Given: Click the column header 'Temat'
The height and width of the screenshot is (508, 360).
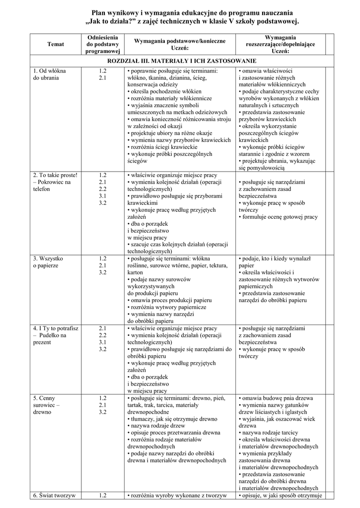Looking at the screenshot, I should coord(56,45).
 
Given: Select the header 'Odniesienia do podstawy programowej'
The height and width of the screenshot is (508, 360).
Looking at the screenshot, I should coord(102,44).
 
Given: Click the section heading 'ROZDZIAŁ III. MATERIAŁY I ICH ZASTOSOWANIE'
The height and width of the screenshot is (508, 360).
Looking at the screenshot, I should coord(177,61).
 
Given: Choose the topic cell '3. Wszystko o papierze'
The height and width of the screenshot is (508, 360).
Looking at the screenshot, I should coord(48,262).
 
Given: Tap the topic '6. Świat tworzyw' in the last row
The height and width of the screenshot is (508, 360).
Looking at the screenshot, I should coord(54,495).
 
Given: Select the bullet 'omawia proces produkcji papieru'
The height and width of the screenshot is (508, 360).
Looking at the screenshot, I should coord(170,301).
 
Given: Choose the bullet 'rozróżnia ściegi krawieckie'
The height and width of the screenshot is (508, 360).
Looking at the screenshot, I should coord(163,147).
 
